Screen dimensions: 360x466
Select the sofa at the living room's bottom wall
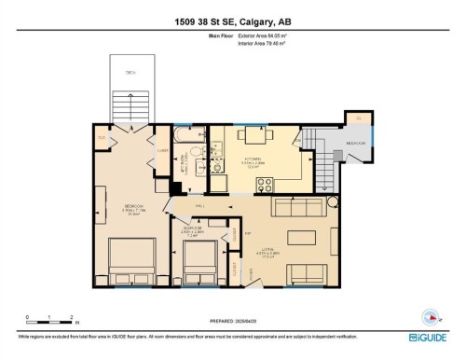click(x=308, y=273)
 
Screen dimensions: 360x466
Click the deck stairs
click(x=130, y=107)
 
